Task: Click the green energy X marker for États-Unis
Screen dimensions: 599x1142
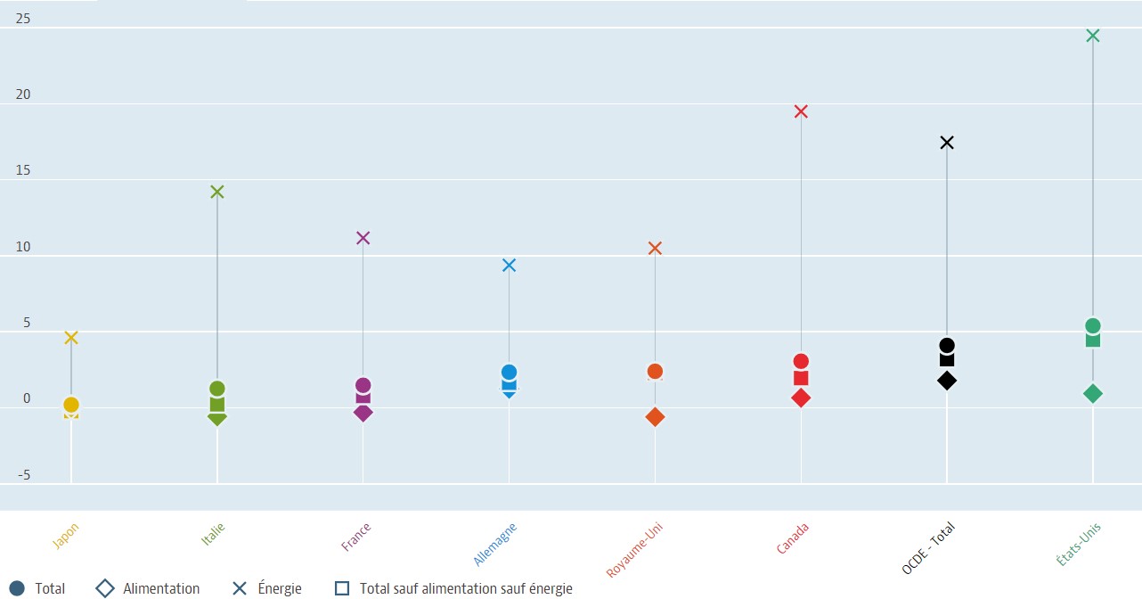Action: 1093,36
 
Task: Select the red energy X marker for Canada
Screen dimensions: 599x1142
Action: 801,111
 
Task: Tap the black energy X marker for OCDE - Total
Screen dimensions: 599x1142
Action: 947,143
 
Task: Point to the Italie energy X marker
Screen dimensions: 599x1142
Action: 216,192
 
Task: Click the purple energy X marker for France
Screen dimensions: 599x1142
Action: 363,238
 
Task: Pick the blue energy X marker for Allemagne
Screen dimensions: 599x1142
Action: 509,265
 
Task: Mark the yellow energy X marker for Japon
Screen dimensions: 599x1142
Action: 71,337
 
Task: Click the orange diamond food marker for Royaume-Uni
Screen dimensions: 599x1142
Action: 655,417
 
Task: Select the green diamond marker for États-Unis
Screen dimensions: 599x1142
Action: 1093,393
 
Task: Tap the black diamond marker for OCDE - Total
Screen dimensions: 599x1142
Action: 947,381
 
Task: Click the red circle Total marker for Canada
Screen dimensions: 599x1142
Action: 801,361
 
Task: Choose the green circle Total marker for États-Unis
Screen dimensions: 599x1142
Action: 1093,325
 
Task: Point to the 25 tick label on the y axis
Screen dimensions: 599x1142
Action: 22,18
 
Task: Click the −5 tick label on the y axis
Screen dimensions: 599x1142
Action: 22,475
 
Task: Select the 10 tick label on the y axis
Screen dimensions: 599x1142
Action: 22,247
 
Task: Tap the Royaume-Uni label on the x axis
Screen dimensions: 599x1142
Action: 635,550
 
